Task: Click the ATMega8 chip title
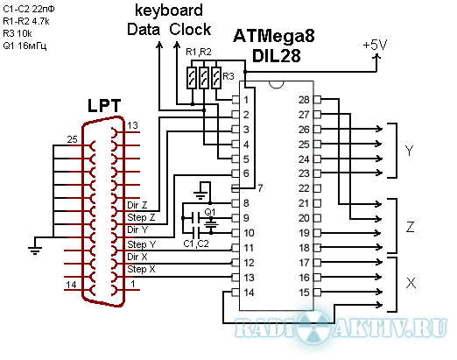click(x=274, y=36)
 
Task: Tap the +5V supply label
click(x=375, y=46)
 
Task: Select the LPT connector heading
click(x=104, y=106)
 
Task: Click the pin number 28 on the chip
click(x=304, y=100)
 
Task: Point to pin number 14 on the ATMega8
click(x=249, y=293)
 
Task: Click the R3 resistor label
click(x=228, y=76)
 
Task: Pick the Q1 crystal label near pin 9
click(x=209, y=212)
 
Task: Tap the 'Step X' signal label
click(x=141, y=269)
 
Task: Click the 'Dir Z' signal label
click(x=137, y=205)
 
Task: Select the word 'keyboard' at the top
click(x=169, y=11)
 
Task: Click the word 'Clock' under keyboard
click(x=190, y=30)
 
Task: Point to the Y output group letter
click(x=410, y=151)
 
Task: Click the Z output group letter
click(x=410, y=226)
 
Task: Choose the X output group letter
click(x=411, y=283)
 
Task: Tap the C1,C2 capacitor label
click(x=196, y=244)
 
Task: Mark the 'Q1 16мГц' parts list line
click(x=25, y=46)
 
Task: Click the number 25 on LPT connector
click(x=73, y=139)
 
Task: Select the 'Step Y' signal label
click(x=142, y=244)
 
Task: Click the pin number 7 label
click(x=260, y=188)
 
